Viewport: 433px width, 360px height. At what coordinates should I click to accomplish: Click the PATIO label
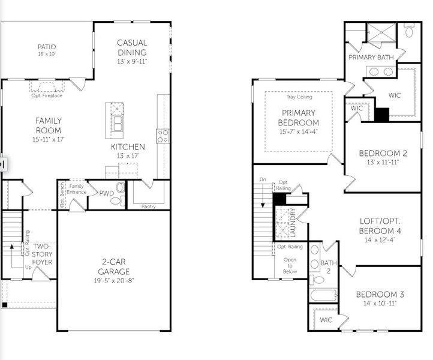[46, 46]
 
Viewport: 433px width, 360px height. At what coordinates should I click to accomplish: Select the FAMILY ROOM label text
[48, 125]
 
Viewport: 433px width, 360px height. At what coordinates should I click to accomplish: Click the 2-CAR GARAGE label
[114, 266]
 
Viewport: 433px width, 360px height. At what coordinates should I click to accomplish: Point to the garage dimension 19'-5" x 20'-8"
[114, 280]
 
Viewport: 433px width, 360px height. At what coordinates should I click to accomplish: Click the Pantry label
[149, 206]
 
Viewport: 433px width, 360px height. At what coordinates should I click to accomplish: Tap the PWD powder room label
[106, 193]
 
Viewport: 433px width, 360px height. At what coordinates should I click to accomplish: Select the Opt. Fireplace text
[47, 95]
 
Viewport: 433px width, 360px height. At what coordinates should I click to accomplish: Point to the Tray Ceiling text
[299, 97]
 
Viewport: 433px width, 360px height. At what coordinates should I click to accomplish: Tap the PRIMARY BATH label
[371, 57]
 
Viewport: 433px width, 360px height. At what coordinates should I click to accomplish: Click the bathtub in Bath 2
[323, 295]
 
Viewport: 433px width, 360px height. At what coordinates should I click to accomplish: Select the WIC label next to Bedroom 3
[326, 320]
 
